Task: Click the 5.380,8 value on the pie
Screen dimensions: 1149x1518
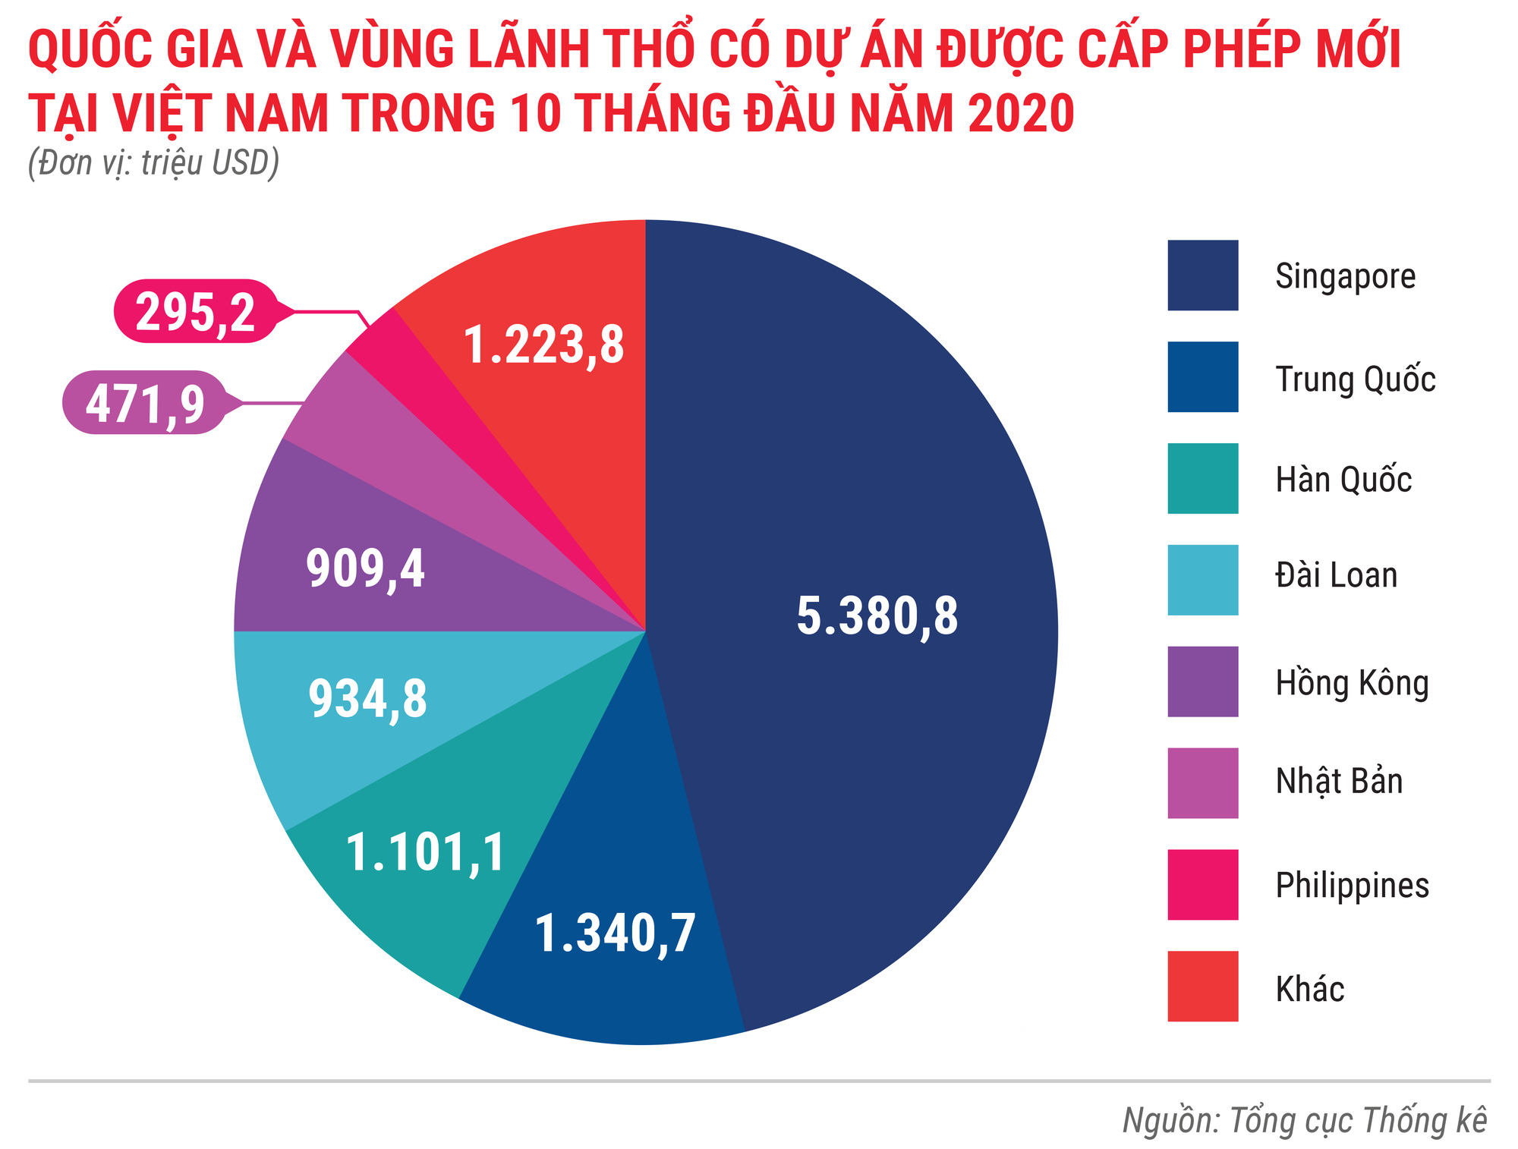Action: coord(877,615)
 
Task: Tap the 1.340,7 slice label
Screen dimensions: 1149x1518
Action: coord(615,933)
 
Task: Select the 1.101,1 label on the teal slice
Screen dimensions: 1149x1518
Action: coord(425,852)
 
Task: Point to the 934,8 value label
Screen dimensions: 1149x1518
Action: coord(367,699)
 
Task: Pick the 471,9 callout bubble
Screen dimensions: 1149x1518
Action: coord(145,403)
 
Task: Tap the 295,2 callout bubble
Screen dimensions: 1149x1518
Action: coord(195,312)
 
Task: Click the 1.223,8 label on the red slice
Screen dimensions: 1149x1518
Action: coord(543,345)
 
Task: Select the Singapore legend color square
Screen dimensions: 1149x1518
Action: coord(1202,275)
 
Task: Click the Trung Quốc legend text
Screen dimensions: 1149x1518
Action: coord(1355,379)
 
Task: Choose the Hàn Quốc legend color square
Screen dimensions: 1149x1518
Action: coord(1202,479)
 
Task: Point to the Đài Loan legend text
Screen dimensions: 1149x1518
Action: coord(1336,576)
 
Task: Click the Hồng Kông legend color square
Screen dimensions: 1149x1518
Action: coord(1202,682)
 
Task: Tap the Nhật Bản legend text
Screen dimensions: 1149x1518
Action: coord(1339,782)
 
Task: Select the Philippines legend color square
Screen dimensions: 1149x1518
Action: coord(1202,885)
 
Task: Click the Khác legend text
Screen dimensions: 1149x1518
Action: coord(1309,989)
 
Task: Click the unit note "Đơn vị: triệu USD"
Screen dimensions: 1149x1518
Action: coord(154,162)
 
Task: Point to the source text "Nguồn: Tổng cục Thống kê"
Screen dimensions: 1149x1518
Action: coord(1304,1120)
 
